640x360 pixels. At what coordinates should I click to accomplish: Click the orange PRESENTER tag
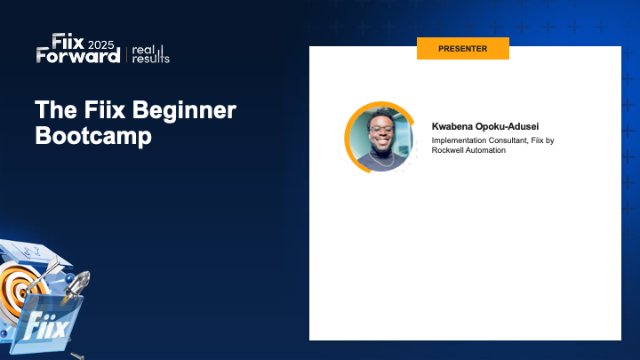pos(462,48)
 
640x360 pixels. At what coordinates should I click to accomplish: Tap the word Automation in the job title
pos(487,150)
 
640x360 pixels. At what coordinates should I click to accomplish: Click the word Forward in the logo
pos(78,56)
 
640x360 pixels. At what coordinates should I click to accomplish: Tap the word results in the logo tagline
pos(151,59)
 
